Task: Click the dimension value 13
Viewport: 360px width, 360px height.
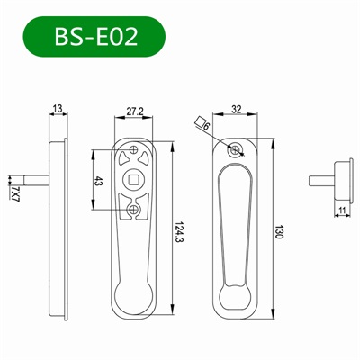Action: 58,109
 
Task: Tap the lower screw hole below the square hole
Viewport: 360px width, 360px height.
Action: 134,211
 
